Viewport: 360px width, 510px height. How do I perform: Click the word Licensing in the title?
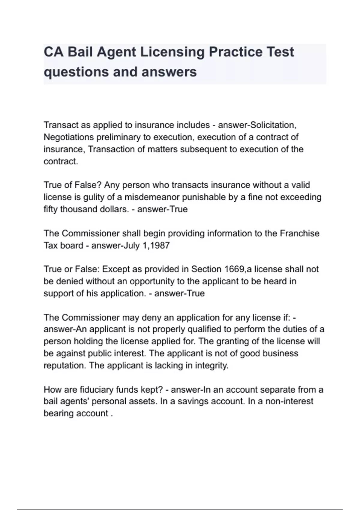pos(172,52)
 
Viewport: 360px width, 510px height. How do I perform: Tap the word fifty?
pos(51,209)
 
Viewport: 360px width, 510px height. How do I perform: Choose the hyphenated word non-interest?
pos(289,401)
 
